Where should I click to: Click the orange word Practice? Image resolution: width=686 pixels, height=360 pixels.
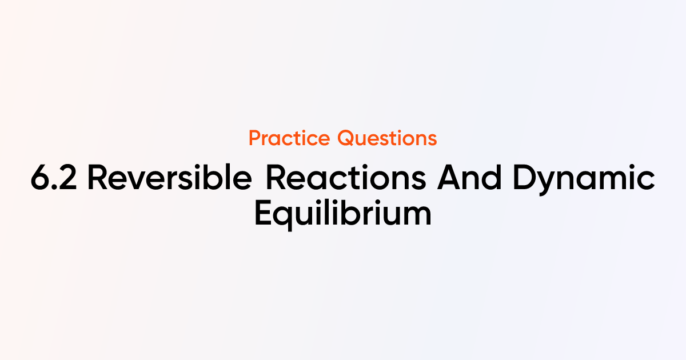(x=289, y=138)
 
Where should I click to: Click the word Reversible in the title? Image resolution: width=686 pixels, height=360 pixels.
(x=170, y=179)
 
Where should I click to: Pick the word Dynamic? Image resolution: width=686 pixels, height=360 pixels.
(x=583, y=180)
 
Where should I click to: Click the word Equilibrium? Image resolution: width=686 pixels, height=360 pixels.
(x=342, y=214)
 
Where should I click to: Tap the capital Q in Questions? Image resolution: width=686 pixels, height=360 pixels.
(x=345, y=138)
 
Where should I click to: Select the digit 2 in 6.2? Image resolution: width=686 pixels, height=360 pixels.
(x=70, y=179)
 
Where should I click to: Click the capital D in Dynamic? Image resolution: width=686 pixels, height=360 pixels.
(x=524, y=179)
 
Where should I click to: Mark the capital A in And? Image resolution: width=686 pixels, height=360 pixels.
(x=449, y=179)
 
